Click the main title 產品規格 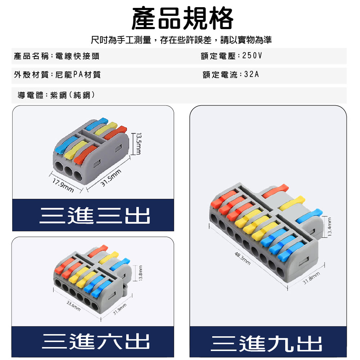[182, 18]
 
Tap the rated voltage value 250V [252, 55]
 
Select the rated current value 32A [252, 75]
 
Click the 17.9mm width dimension [63, 185]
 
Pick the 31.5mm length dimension [111, 178]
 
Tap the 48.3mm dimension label [242, 258]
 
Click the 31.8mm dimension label [311, 278]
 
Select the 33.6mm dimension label [73, 306]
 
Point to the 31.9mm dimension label [120, 309]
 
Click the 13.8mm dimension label [141, 273]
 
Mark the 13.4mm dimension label [330, 227]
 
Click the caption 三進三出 [95, 215]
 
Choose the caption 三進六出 [96, 341]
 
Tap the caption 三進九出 [266, 343]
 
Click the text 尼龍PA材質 [78, 75]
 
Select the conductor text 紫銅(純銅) [73, 95]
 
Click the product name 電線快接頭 [77, 56]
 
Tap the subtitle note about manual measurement [181, 40]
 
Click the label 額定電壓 [218, 56]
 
